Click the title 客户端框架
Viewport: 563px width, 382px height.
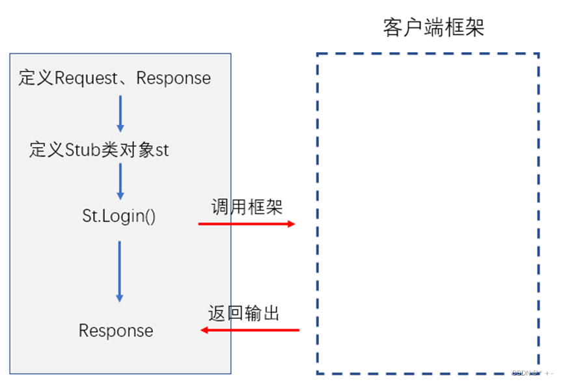(x=433, y=27)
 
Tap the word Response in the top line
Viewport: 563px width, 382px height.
(x=174, y=78)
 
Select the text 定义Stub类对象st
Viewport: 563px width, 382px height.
(x=99, y=150)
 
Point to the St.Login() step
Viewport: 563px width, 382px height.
(x=119, y=216)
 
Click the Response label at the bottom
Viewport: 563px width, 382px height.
(x=116, y=331)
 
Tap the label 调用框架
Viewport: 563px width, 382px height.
(x=247, y=208)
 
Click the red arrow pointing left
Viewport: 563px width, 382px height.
(x=250, y=331)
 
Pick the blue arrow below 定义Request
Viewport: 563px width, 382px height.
(x=120, y=113)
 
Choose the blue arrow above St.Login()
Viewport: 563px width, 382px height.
(x=120, y=181)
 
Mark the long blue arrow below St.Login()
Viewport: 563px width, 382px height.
(x=120, y=271)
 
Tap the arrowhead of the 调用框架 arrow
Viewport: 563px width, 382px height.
(x=290, y=224)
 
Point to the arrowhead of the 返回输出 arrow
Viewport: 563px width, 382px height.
(x=204, y=331)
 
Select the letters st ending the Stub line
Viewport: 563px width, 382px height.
(x=162, y=150)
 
